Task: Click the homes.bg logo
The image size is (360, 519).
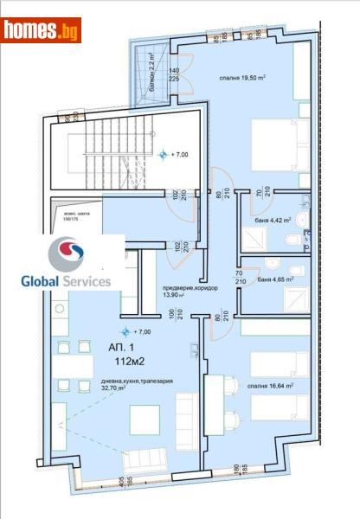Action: coord(41,30)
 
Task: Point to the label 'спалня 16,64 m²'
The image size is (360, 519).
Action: coord(271,386)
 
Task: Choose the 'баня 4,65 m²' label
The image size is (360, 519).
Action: coord(272,279)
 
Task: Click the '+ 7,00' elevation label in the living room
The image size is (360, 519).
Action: coord(138,330)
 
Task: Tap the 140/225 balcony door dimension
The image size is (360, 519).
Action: coord(174,76)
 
